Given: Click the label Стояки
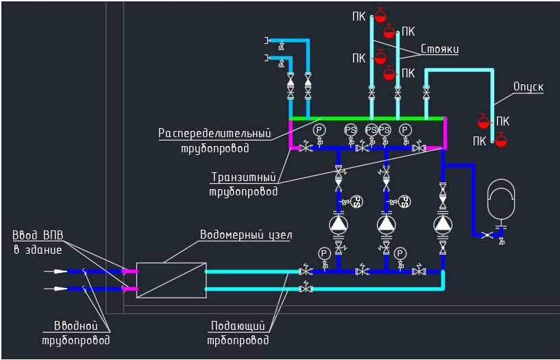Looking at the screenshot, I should point(440,50).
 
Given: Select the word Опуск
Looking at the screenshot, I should point(528,87).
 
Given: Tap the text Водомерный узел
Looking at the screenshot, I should point(246,235).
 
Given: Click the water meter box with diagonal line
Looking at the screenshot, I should point(171,280).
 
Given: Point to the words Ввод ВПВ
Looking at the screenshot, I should point(38,235).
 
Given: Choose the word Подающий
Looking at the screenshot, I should point(237,325).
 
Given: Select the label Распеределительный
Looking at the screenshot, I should point(215,132).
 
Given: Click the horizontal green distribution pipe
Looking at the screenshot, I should point(367,119).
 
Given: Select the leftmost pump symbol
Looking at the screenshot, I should point(339,224).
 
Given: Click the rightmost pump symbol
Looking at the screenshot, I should point(443,224).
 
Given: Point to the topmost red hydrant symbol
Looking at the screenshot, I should point(380,14).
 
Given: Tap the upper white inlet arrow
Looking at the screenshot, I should point(60,272).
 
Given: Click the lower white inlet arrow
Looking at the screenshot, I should point(60,288).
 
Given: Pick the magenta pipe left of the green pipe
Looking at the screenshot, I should point(292,134).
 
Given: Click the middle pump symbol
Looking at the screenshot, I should point(387,224).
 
